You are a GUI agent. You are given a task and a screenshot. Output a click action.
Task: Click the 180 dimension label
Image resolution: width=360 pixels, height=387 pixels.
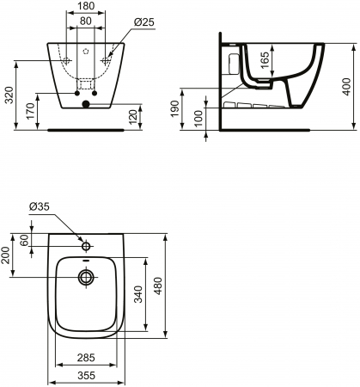[86, 6]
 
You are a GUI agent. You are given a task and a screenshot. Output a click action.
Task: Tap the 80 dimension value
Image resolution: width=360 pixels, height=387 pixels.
[86, 21]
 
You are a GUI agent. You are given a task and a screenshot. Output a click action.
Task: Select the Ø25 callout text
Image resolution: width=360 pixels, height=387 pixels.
[144, 21]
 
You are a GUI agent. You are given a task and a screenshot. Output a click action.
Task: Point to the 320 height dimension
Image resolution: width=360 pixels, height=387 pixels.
[9, 95]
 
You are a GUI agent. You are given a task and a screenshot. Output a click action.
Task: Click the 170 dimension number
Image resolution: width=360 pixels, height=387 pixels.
[30, 111]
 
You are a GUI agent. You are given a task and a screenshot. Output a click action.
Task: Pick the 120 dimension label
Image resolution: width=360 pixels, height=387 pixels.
[132, 117]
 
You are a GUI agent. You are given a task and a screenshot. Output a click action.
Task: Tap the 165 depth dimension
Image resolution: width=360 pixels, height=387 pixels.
[265, 60]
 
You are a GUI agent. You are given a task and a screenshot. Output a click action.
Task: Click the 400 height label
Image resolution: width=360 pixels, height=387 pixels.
[346, 86]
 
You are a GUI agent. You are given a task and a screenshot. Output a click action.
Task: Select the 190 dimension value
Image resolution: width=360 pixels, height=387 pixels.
[174, 108]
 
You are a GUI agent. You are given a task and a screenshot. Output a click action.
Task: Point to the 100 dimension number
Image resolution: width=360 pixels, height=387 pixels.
[198, 118]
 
